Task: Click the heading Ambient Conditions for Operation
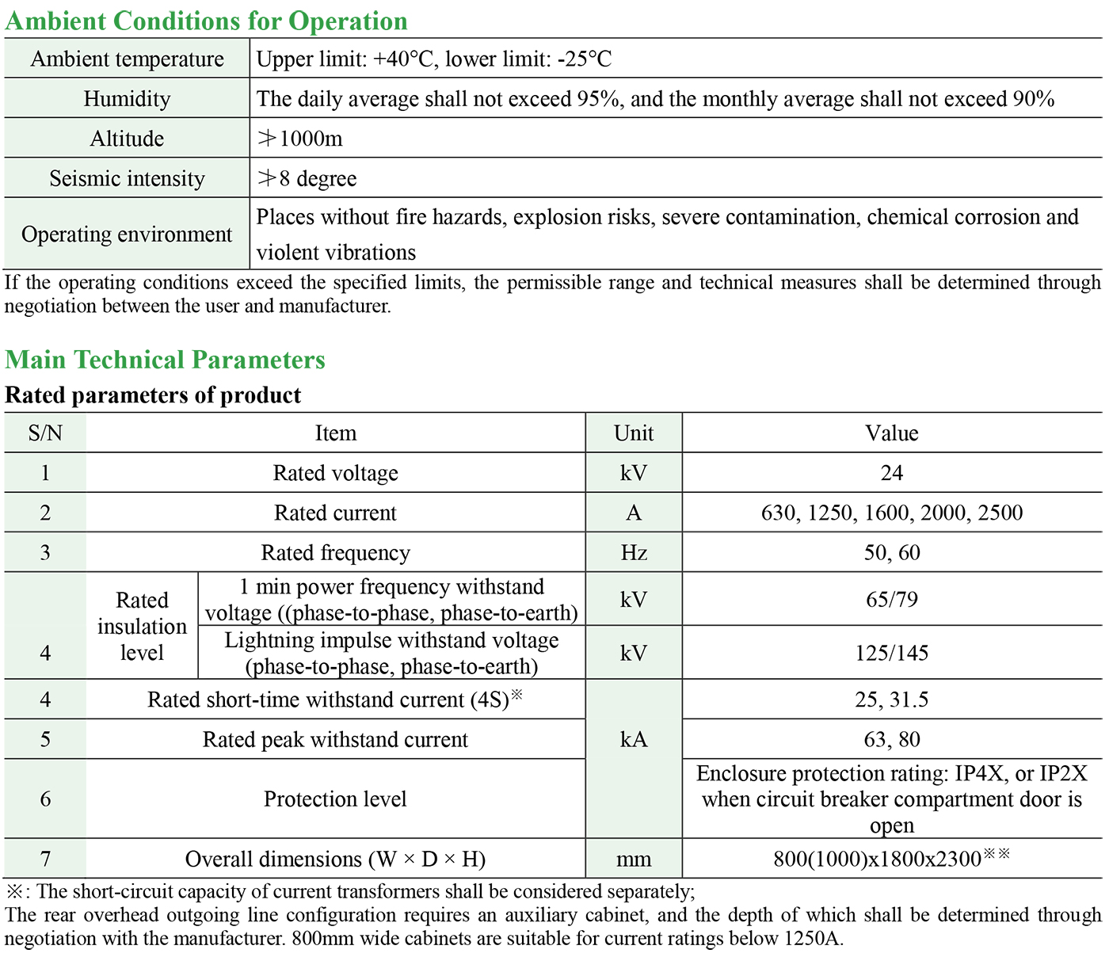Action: (x=206, y=21)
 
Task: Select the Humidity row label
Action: (x=127, y=99)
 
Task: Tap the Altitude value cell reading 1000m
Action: (x=300, y=139)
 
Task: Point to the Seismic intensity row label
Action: (x=127, y=178)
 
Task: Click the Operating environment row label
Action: (x=127, y=234)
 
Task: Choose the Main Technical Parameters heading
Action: (x=165, y=360)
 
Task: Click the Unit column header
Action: (x=634, y=433)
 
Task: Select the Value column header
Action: (x=891, y=433)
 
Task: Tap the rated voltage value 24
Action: (x=891, y=473)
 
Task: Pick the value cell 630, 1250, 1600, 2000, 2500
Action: (x=891, y=513)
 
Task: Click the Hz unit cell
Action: (x=634, y=552)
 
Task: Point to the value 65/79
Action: (x=891, y=599)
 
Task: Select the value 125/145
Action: (x=891, y=653)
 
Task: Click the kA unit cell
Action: (x=634, y=739)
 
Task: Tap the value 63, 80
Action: (x=891, y=739)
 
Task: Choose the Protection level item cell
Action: (x=335, y=799)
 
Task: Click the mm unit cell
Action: (x=634, y=859)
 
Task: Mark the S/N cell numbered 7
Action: (x=45, y=859)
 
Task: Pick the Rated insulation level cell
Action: (x=142, y=626)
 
